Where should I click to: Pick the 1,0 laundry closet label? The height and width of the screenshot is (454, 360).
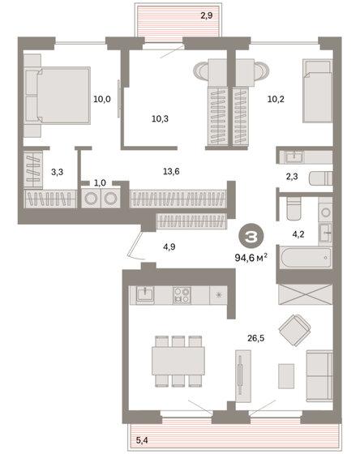100,183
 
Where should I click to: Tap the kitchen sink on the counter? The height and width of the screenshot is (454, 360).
146,294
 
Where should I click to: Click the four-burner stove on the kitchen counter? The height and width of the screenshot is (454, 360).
183,295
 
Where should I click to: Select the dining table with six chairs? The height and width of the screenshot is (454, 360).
178,360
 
